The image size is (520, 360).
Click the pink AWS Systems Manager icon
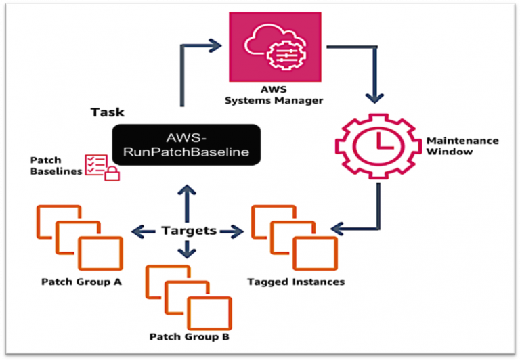pyautogui.click(x=275, y=47)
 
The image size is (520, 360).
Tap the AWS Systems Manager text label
pyautogui.click(x=274, y=95)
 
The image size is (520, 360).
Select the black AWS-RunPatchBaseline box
pyautogui.click(x=186, y=145)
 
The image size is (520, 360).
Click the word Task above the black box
pyautogui.click(x=108, y=112)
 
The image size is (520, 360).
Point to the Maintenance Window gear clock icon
pyautogui.click(x=378, y=146)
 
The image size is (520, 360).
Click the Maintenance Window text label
pyautogui.click(x=462, y=146)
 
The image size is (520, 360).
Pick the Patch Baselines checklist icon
pyautogui.click(x=102, y=167)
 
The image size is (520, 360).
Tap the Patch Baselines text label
pyautogui.click(x=56, y=166)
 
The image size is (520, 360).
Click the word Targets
pyautogui.click(x=189, y=230)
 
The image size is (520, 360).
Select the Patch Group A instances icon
pyautogui.click(x=80, y=238)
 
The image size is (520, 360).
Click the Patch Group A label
pyautogui.click(x=81, y=282)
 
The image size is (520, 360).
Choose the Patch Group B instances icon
pyautogui.click(x=188, y=297)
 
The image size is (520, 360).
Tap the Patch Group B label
pyautogui.click(x=190, y=337)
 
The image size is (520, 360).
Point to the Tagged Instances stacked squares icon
pyautogui.click(x=295, y=238)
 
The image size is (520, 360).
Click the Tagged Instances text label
pyautogui.click(x=296, y=282)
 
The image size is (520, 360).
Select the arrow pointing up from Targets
pyautogui.click(x=187, y=204)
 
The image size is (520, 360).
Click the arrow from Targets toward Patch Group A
pyautogui.click(x=144, y=231)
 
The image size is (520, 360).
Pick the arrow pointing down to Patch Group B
pyautogui.click(x=187, y=249)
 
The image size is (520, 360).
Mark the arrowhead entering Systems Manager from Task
pyautogui.click(x=215, y=45)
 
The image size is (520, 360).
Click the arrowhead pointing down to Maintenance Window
pyautogui.click(x=374, y=98)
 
